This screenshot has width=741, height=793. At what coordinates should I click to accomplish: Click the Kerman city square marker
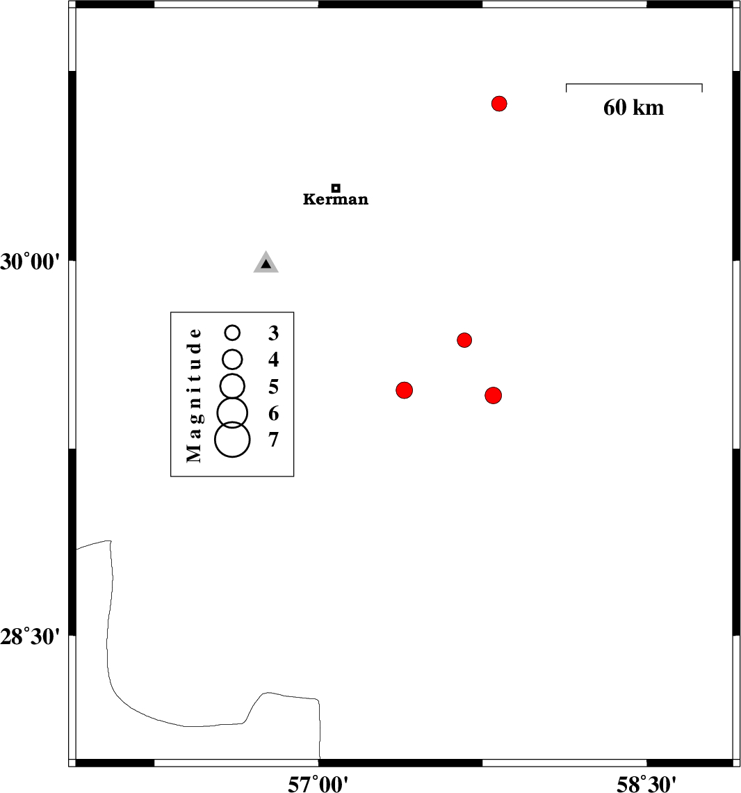click(x=336, y=188)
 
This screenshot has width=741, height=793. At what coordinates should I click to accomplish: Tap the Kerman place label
click(x=336, y=200)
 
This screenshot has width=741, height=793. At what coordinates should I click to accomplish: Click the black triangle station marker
click(x=266, y=263)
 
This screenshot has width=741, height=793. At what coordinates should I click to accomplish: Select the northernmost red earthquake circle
click(x=499, y=104)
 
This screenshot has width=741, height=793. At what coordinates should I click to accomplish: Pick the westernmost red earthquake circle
click(x=405, y=390)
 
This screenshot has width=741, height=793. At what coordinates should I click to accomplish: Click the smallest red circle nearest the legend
click(x=465, y=340)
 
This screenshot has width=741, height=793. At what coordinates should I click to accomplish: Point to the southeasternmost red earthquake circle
click(x=494, y=396)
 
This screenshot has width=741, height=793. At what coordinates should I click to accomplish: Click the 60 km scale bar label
click(x=633, y=108)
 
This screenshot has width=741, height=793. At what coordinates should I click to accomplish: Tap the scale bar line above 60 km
click(x=634, y=84)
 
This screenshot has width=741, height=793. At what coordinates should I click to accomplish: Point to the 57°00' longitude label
click(x=318, y=785)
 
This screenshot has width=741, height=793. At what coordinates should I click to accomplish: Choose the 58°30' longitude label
click(x=646, y=785)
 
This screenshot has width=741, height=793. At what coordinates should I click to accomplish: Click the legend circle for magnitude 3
click(x=233, y=333)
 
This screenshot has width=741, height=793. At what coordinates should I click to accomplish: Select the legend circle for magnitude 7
click(x=232, y=440)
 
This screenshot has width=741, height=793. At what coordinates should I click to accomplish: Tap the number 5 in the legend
click(x=273, y=387)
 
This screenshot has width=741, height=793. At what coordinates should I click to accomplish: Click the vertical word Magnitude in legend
click(x=195, y=394)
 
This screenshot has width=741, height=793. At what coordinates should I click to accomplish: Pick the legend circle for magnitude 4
click(x=233, y=359)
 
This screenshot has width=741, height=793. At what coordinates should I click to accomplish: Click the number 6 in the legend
click(x=273, y=414)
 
